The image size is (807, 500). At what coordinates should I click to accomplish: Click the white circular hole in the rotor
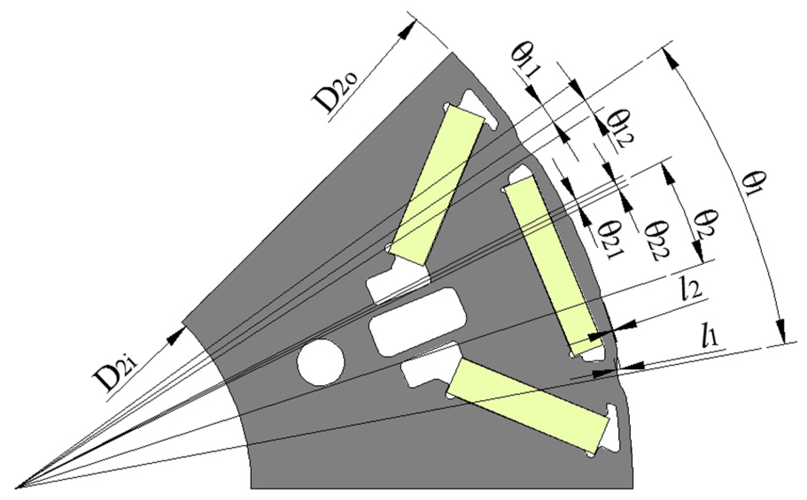(x=321, y=362)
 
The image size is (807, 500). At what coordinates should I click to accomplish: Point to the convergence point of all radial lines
(x=16, y=488)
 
